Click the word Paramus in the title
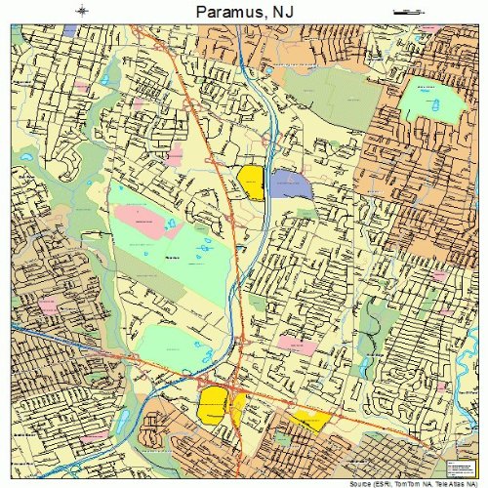tap(223, 11)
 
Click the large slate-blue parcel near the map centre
tap(291, 183)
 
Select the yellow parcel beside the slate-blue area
tap(251, 182)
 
